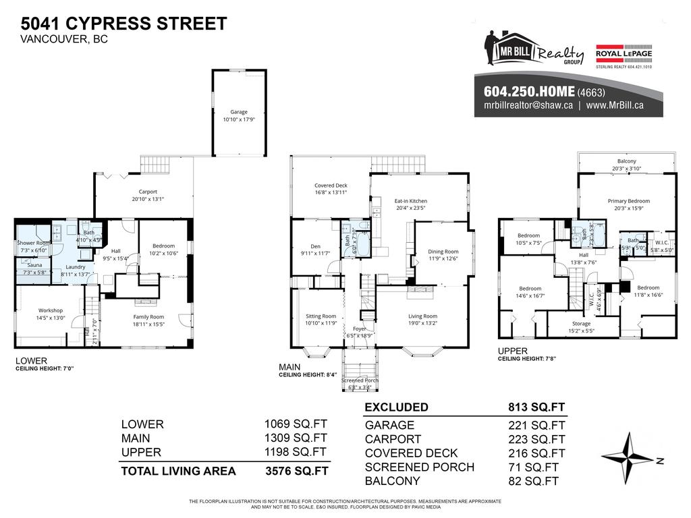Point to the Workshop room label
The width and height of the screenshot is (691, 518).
click(x=51, y=314)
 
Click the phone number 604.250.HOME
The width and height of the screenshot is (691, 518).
click(x=529, y=92)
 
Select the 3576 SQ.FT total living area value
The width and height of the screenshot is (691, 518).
click(x=298, y=471)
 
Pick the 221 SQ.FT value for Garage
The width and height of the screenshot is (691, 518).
click(x=536, y=425)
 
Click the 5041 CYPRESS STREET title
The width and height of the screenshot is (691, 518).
click(x=123, y=23)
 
